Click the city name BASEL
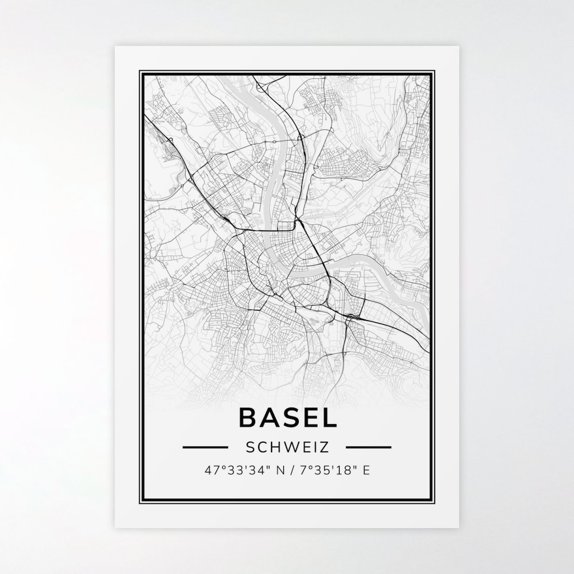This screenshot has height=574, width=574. pos(288,417)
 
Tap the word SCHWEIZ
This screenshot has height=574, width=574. pos(288,448)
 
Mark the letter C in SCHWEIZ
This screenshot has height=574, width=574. pos(263,448)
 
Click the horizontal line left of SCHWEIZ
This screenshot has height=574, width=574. pos(205,448)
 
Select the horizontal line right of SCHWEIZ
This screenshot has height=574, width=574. pos(368,448)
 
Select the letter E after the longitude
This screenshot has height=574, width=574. pos(366,470)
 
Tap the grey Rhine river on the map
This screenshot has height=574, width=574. pos(274,175)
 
